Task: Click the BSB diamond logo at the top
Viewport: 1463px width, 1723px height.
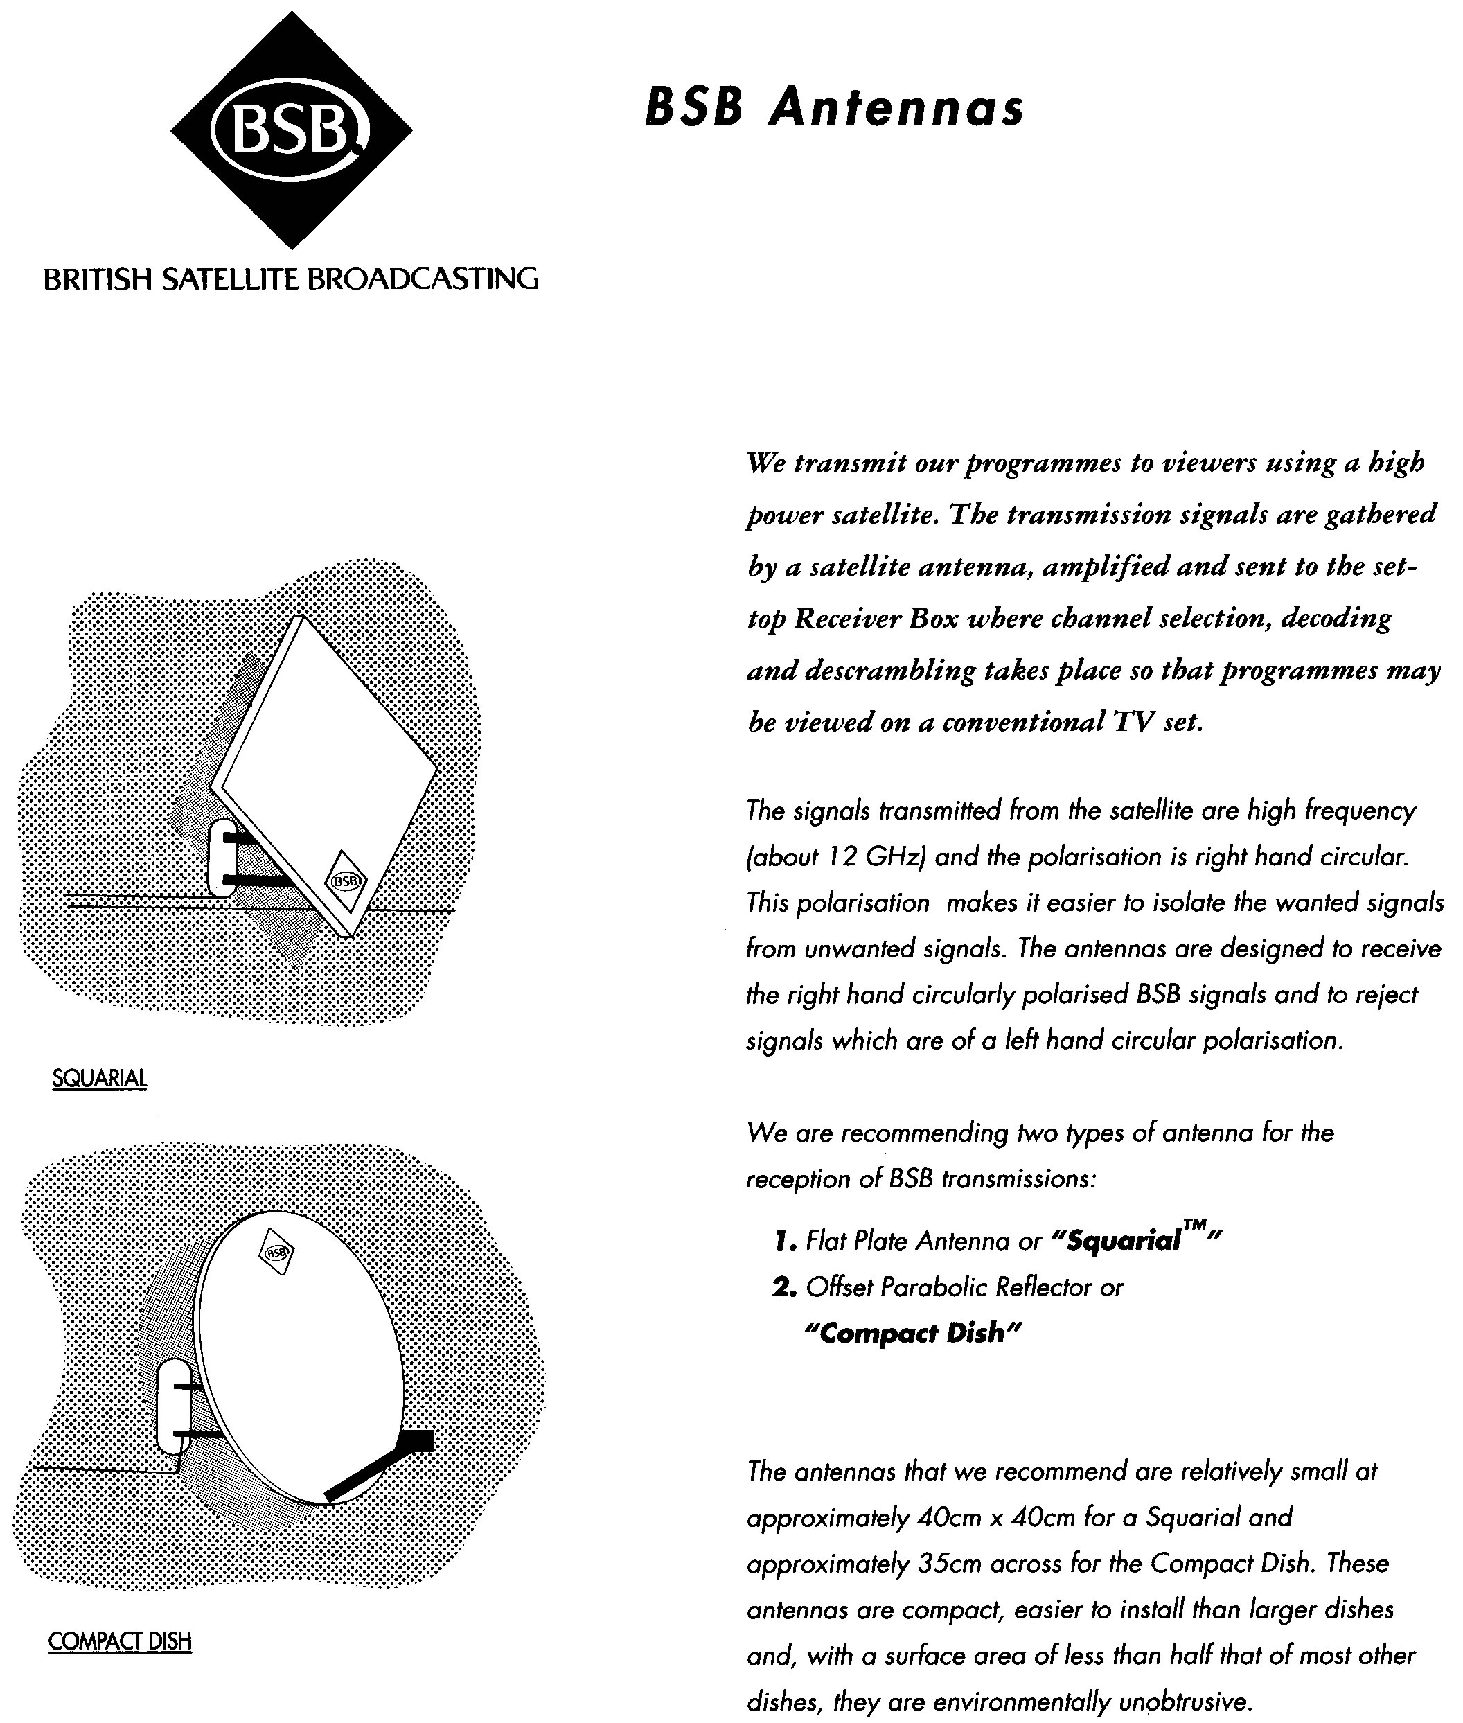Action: point(291,130)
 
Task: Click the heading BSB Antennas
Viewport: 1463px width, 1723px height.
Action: point(833,108)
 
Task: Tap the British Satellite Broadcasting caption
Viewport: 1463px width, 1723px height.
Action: point(290,279)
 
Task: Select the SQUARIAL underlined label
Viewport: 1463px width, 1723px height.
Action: point(98,1079)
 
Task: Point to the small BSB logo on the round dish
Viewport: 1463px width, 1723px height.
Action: point(277,1253)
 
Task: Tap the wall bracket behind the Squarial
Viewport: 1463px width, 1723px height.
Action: point(222,858)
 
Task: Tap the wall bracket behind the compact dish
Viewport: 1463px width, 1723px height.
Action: point(172,1406)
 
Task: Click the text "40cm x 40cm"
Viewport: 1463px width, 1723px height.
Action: point(1000,1518)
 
